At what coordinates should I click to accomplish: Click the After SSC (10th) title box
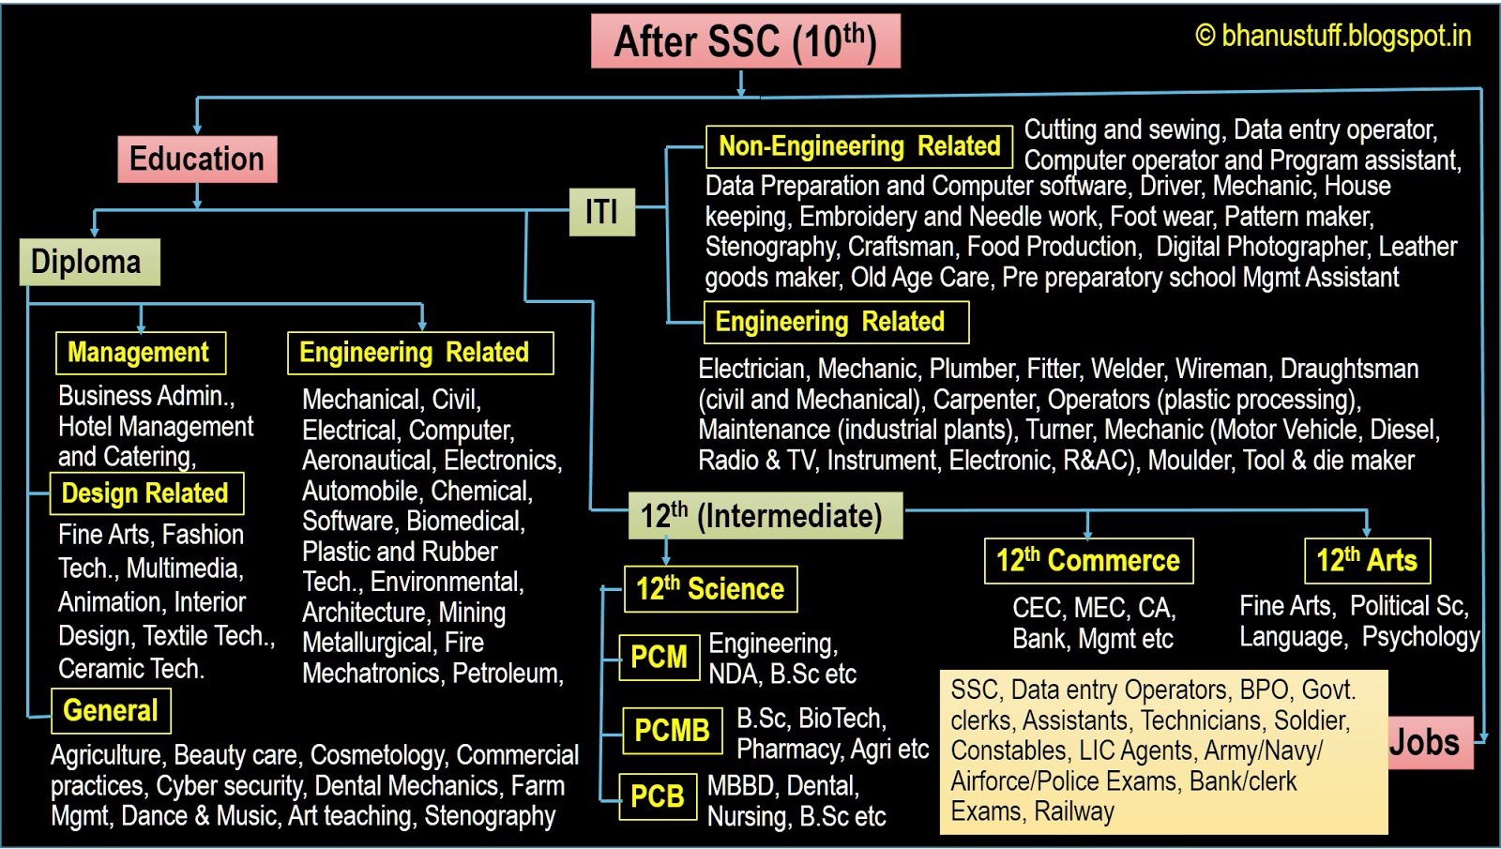tap(745, 41)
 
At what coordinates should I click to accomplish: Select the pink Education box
tap(197, 159)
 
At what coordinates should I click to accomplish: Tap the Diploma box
tap(89, 262)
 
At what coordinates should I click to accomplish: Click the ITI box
tap(602, 211)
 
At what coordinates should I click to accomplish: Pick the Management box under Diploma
tap(140, 353)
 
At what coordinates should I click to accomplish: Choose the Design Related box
tap(146, 493)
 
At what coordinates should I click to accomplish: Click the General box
tap(111, 710)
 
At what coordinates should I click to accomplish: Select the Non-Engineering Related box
tap(858, 146)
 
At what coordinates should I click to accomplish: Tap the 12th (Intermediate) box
tap(764, 516)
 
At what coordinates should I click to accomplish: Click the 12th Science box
tap(710, 589)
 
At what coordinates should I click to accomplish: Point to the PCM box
tap(659, 657)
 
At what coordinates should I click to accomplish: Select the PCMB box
tap(672, 730)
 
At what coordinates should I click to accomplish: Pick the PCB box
tap(658, 796)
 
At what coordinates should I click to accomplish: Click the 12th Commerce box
tap(1088, 561)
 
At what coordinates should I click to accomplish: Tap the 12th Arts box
tap(1367, 561)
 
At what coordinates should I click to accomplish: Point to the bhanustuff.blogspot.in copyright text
tap(1333, 37)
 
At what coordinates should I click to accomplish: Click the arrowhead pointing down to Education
tap(197, 128)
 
